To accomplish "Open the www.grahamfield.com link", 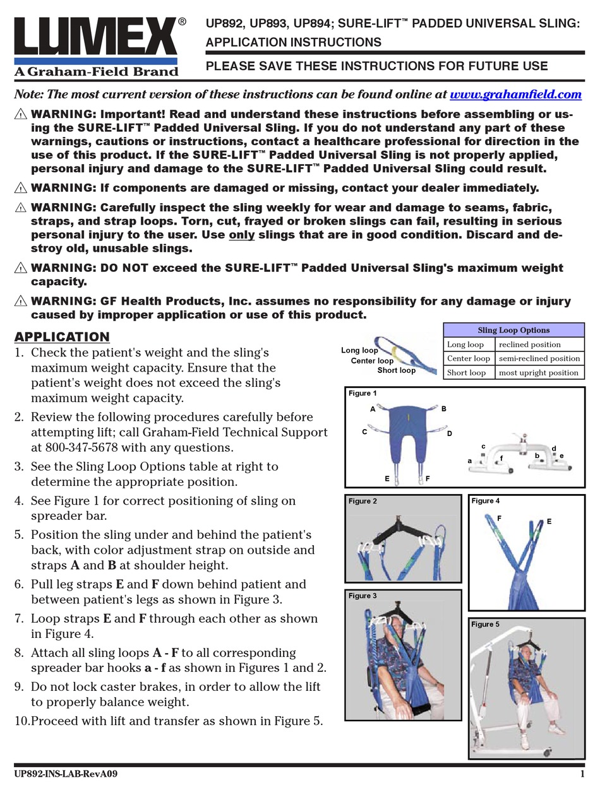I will pos(515,94).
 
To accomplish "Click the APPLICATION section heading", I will pos(62,336).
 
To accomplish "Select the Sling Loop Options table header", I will pos(513,330).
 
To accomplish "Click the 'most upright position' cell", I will pos(538,372).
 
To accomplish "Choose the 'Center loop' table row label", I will pos(468,358).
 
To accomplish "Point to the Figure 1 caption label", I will pos(363,393).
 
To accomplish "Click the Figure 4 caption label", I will pos(485,501).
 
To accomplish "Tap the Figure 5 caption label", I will pos(485,624).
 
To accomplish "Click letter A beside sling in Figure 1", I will pos(373,409).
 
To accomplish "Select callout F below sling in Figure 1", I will pos(428,479).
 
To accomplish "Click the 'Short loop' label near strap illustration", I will pos(396,370).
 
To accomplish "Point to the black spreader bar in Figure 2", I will pos(397,523).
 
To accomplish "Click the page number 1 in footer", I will pos(582,774).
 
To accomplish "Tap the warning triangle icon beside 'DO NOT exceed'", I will pos(21,268).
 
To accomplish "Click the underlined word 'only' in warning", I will pos(240,235).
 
